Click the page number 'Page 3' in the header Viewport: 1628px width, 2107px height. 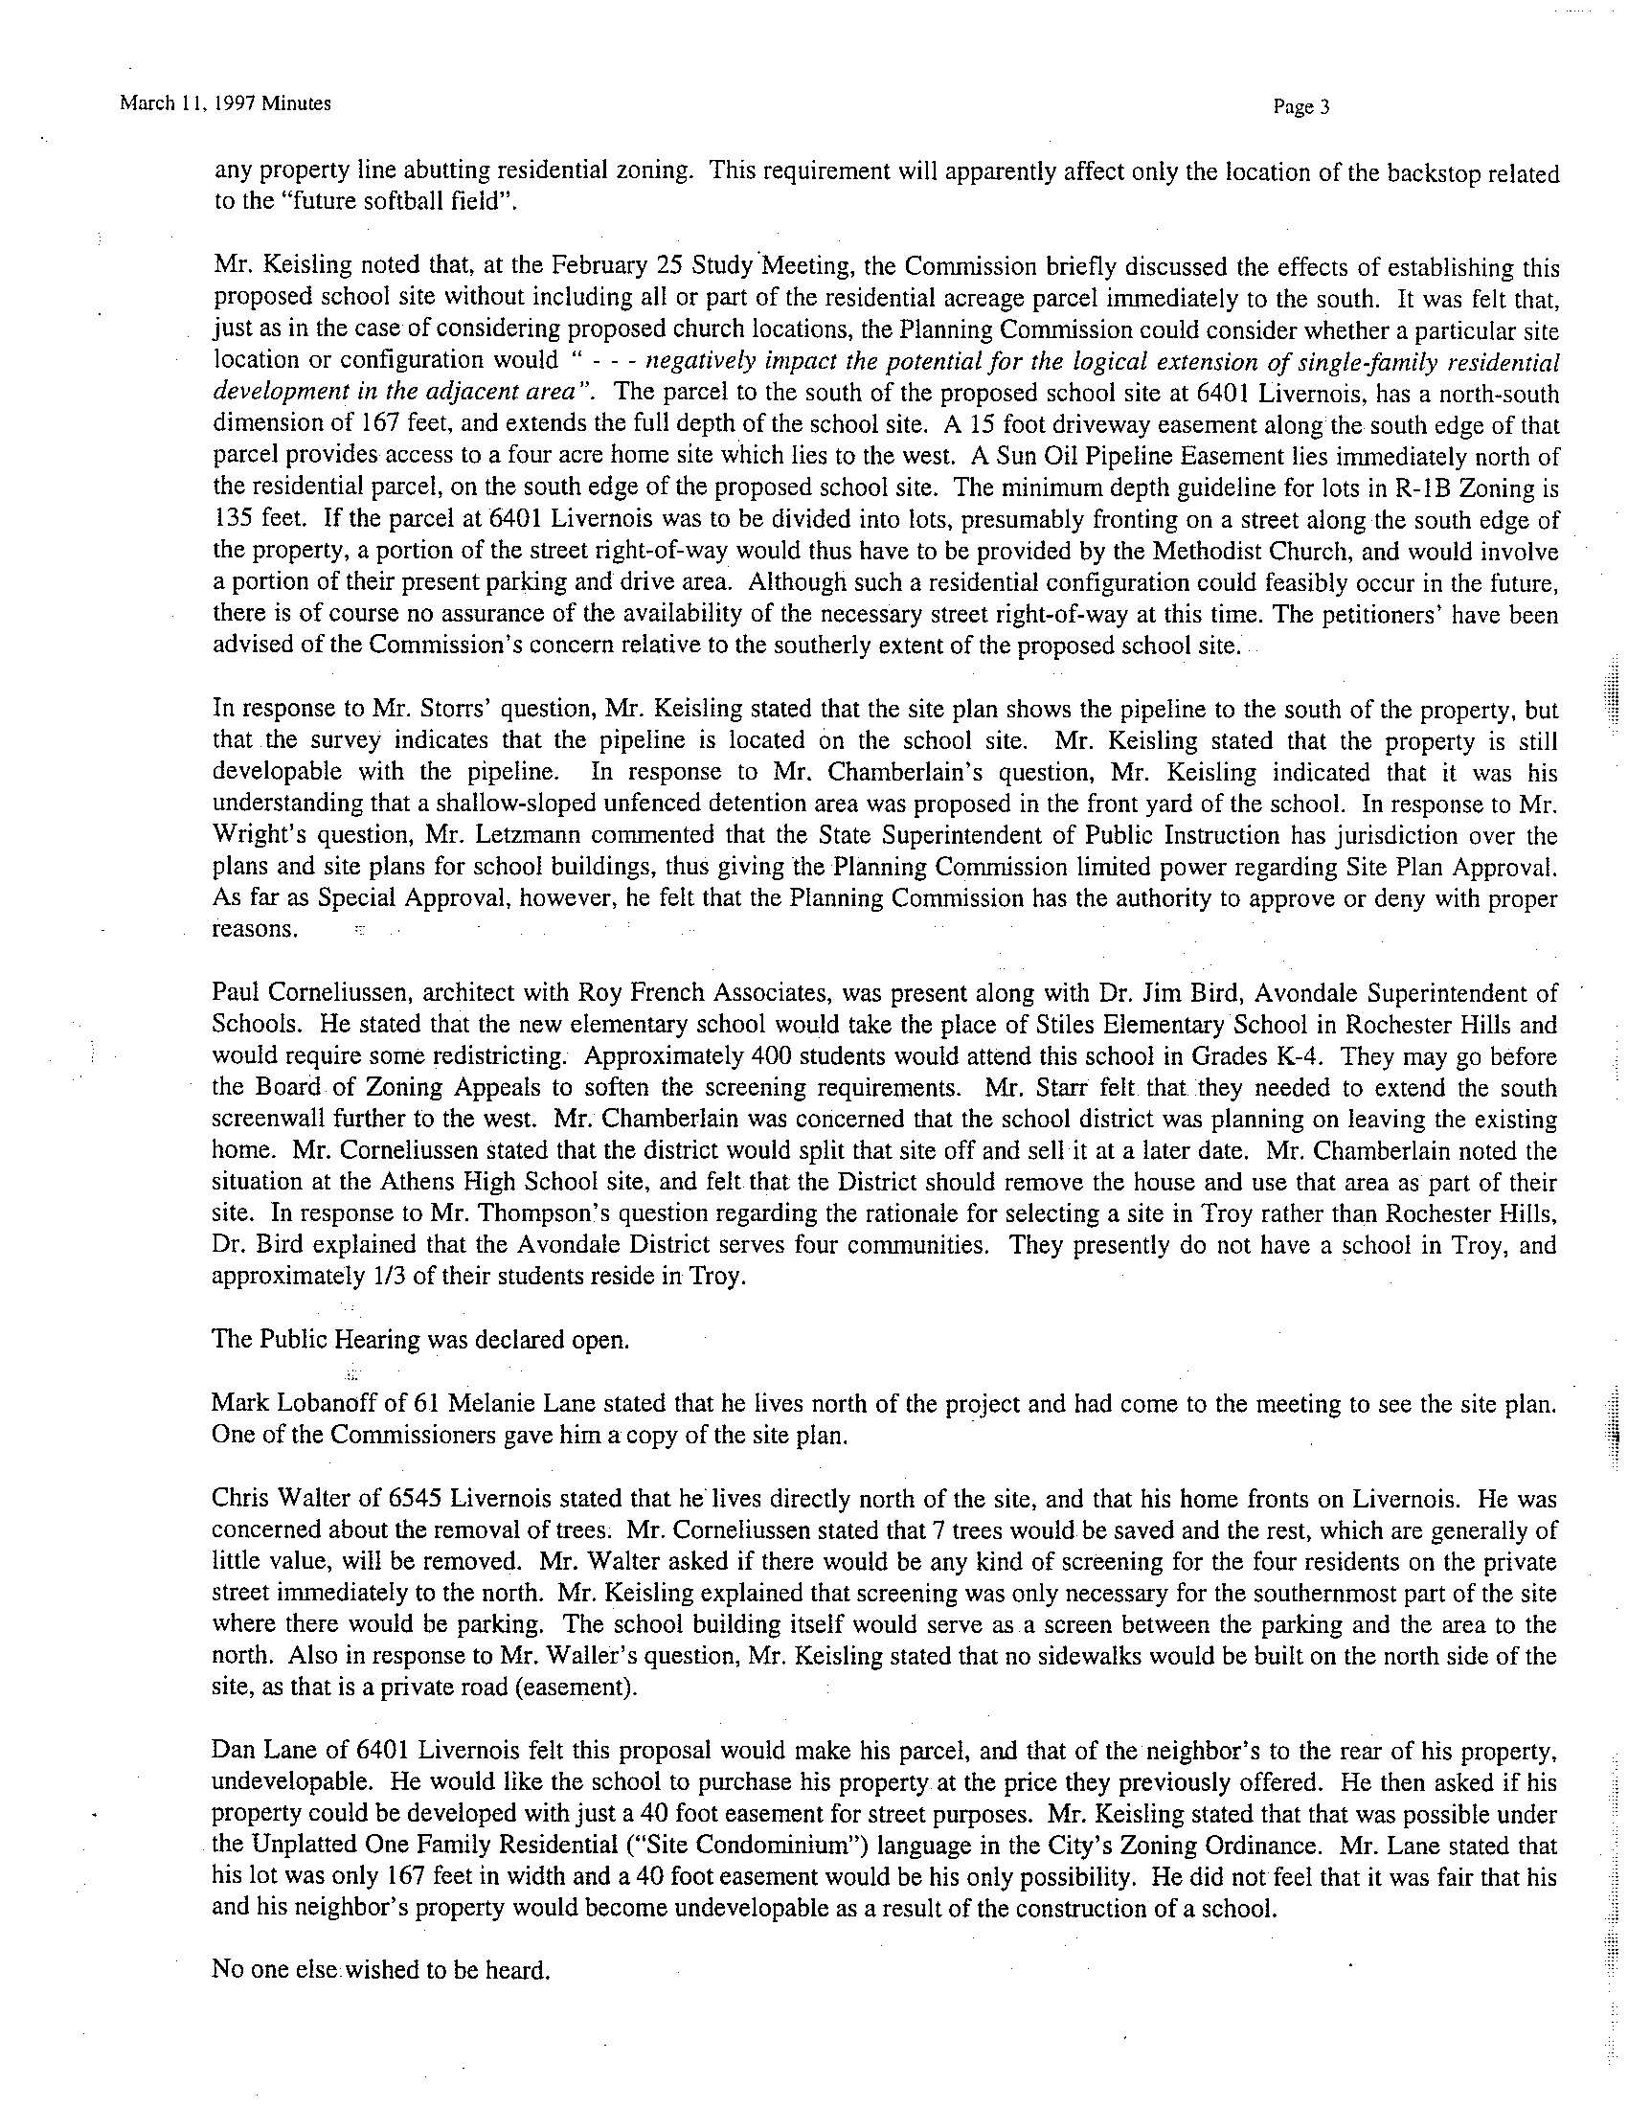[x=1301, y=108]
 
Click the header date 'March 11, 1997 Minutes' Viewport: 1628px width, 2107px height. [x=226, y=103]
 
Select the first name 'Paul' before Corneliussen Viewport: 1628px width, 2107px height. [x=234, y=995]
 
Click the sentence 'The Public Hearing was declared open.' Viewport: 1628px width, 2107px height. [x=419, y=1341]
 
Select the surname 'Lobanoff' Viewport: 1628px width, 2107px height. [x=318, y=1404]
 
